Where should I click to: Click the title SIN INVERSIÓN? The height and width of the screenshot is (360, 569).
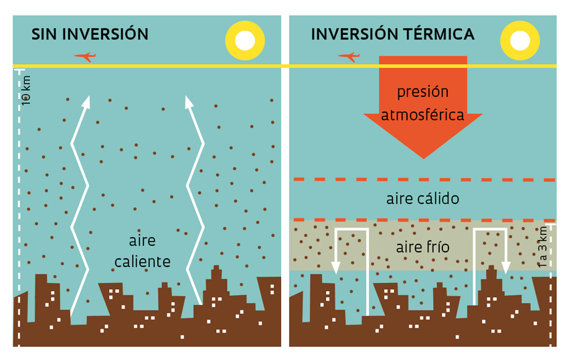(x=90, y=34)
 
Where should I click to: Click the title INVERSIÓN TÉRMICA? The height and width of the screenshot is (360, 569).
(x=392, y=34)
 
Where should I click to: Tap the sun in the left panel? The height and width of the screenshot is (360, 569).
(x=245, y=41)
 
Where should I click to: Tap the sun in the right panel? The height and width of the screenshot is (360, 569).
(x=520, y=41)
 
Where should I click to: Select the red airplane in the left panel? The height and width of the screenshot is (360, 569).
(x=84, y=57)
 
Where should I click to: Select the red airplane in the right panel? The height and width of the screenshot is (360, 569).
(x=348, y=57)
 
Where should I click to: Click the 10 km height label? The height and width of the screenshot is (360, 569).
(x=26, y=90)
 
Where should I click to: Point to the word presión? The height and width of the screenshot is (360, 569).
(x=422, y=92)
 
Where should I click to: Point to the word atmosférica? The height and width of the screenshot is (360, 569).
(x=422, y=115)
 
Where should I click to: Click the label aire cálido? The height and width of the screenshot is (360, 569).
(x=422, y=199)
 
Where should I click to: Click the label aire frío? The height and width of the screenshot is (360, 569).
(x=422, y=248)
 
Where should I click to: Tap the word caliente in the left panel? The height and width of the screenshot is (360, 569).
(x=142, y=262)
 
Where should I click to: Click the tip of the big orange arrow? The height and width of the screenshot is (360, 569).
(x=423, y=157)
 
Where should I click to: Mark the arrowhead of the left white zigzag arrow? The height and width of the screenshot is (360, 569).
(x=85, y=102)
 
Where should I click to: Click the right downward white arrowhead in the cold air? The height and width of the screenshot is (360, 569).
(x=506, y=268)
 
